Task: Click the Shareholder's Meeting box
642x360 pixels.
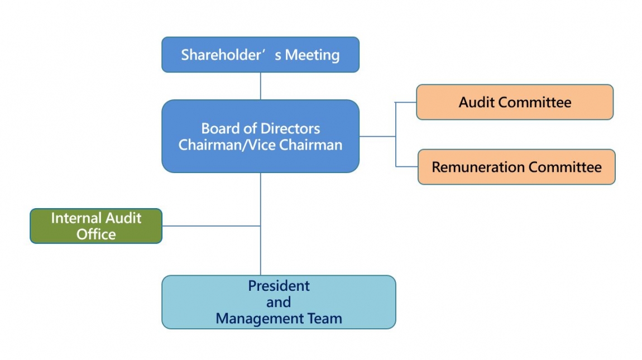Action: [260, 55]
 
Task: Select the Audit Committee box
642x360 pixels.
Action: [515, 102]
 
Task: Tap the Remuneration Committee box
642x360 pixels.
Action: [516, 167]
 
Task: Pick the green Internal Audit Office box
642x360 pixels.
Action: [96, 225]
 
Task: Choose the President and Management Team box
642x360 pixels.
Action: [279, 302]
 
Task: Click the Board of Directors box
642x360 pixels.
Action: [260, 136]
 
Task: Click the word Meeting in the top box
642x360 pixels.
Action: [312, 55]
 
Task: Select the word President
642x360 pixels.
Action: [279, 286]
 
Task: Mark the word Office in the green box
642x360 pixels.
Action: [96, 234]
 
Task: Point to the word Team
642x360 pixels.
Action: [327, 319]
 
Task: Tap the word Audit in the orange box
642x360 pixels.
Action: [477, 102]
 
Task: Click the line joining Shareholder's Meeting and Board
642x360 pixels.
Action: [261, 86]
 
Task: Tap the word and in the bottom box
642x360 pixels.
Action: [279, 303]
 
